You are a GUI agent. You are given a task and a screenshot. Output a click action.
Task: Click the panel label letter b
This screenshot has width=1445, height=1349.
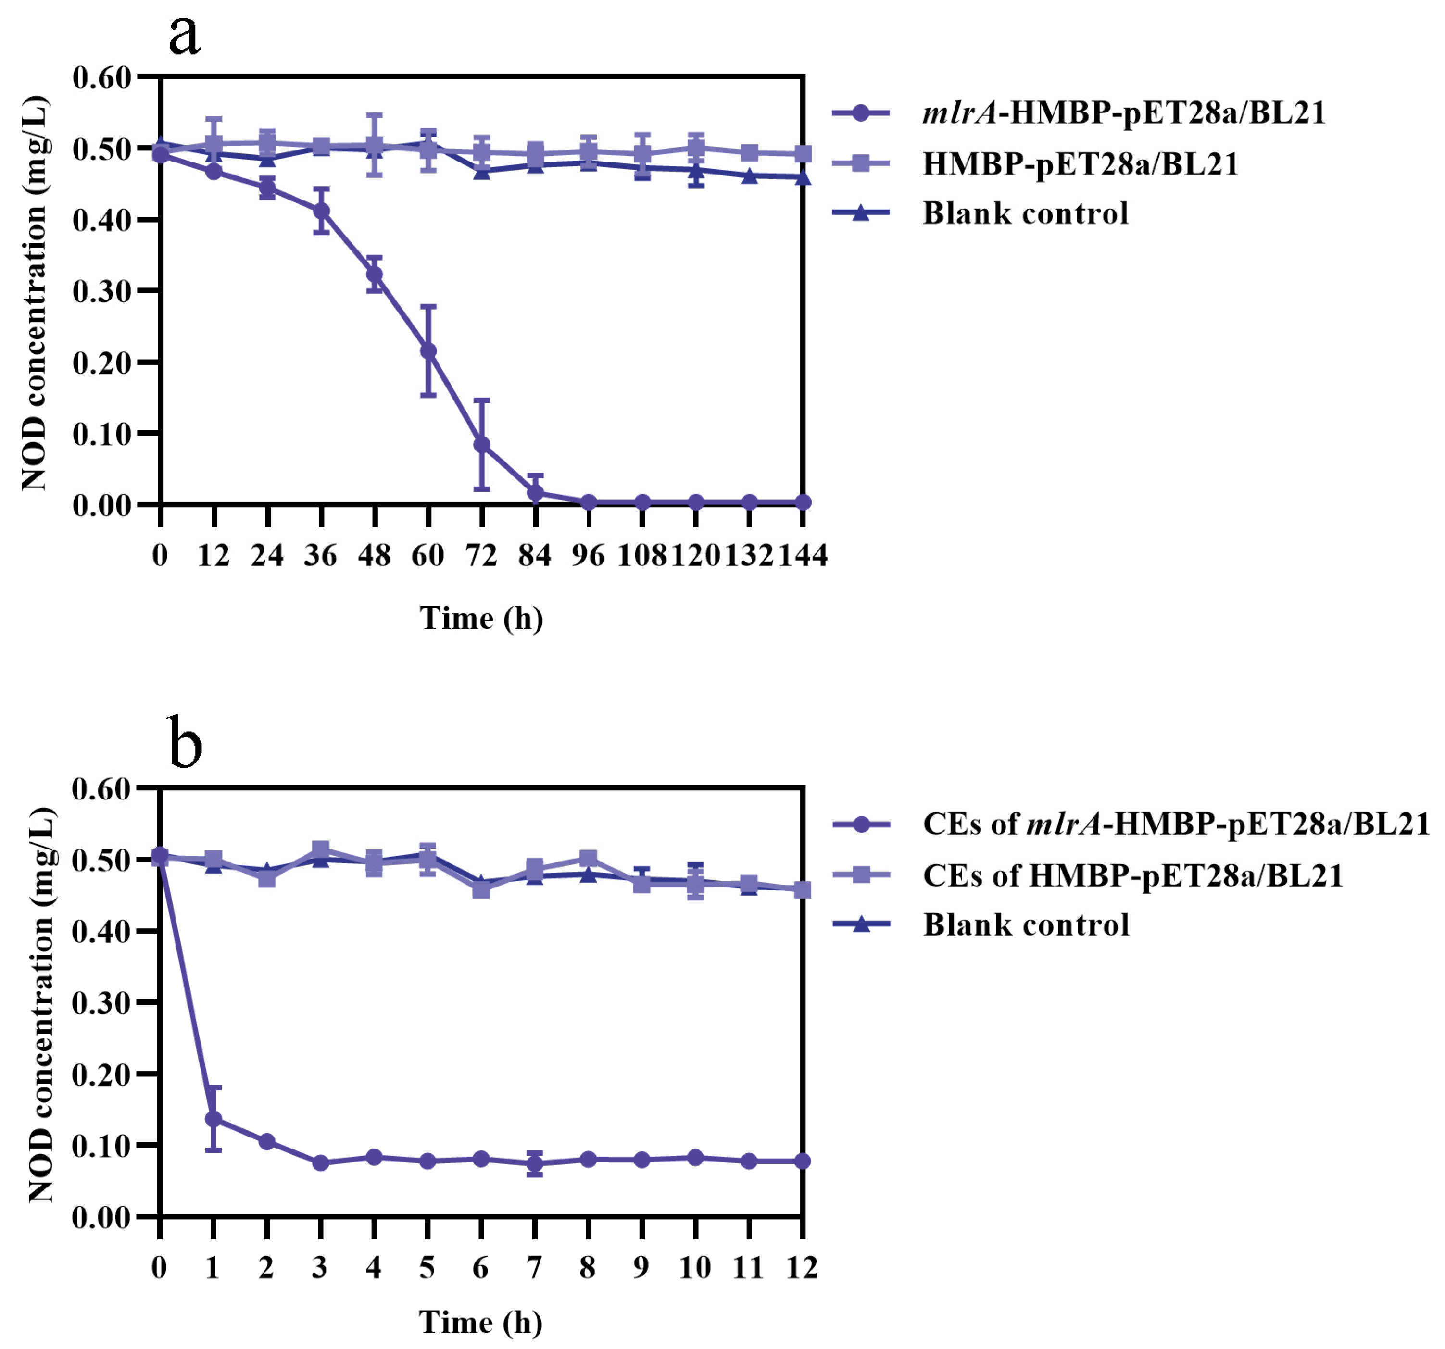[x=185, y=743]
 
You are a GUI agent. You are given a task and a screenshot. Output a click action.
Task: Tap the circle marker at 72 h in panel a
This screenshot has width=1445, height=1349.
[x=482, y=445]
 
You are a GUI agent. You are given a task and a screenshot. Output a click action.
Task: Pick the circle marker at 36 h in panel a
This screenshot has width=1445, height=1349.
[x=321, y=211]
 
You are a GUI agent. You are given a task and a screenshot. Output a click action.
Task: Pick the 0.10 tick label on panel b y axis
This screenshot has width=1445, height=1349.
[x=101, y=1146]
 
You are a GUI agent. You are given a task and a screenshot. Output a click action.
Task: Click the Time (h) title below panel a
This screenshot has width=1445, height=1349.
[x=481, y=619]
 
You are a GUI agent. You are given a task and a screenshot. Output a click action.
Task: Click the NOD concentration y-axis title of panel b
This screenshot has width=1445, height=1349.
[x=41, y=1003]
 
